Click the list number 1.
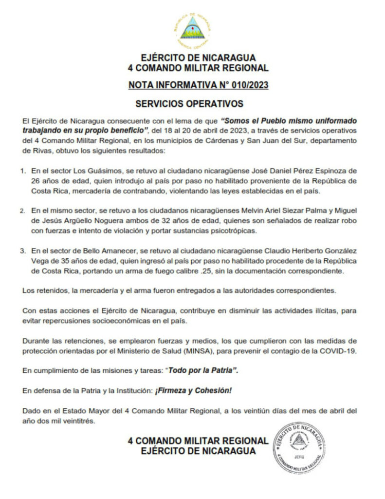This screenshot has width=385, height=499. (x=22, y=171)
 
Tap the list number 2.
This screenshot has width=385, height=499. (x=22, y=211)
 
